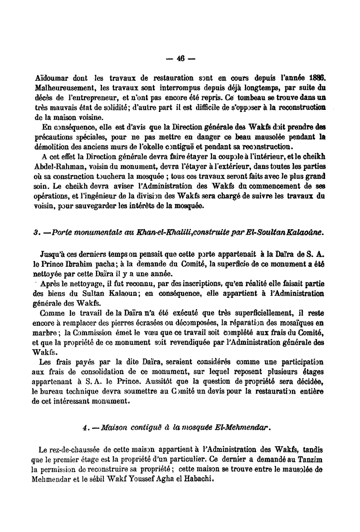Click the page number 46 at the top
[180, 57]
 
